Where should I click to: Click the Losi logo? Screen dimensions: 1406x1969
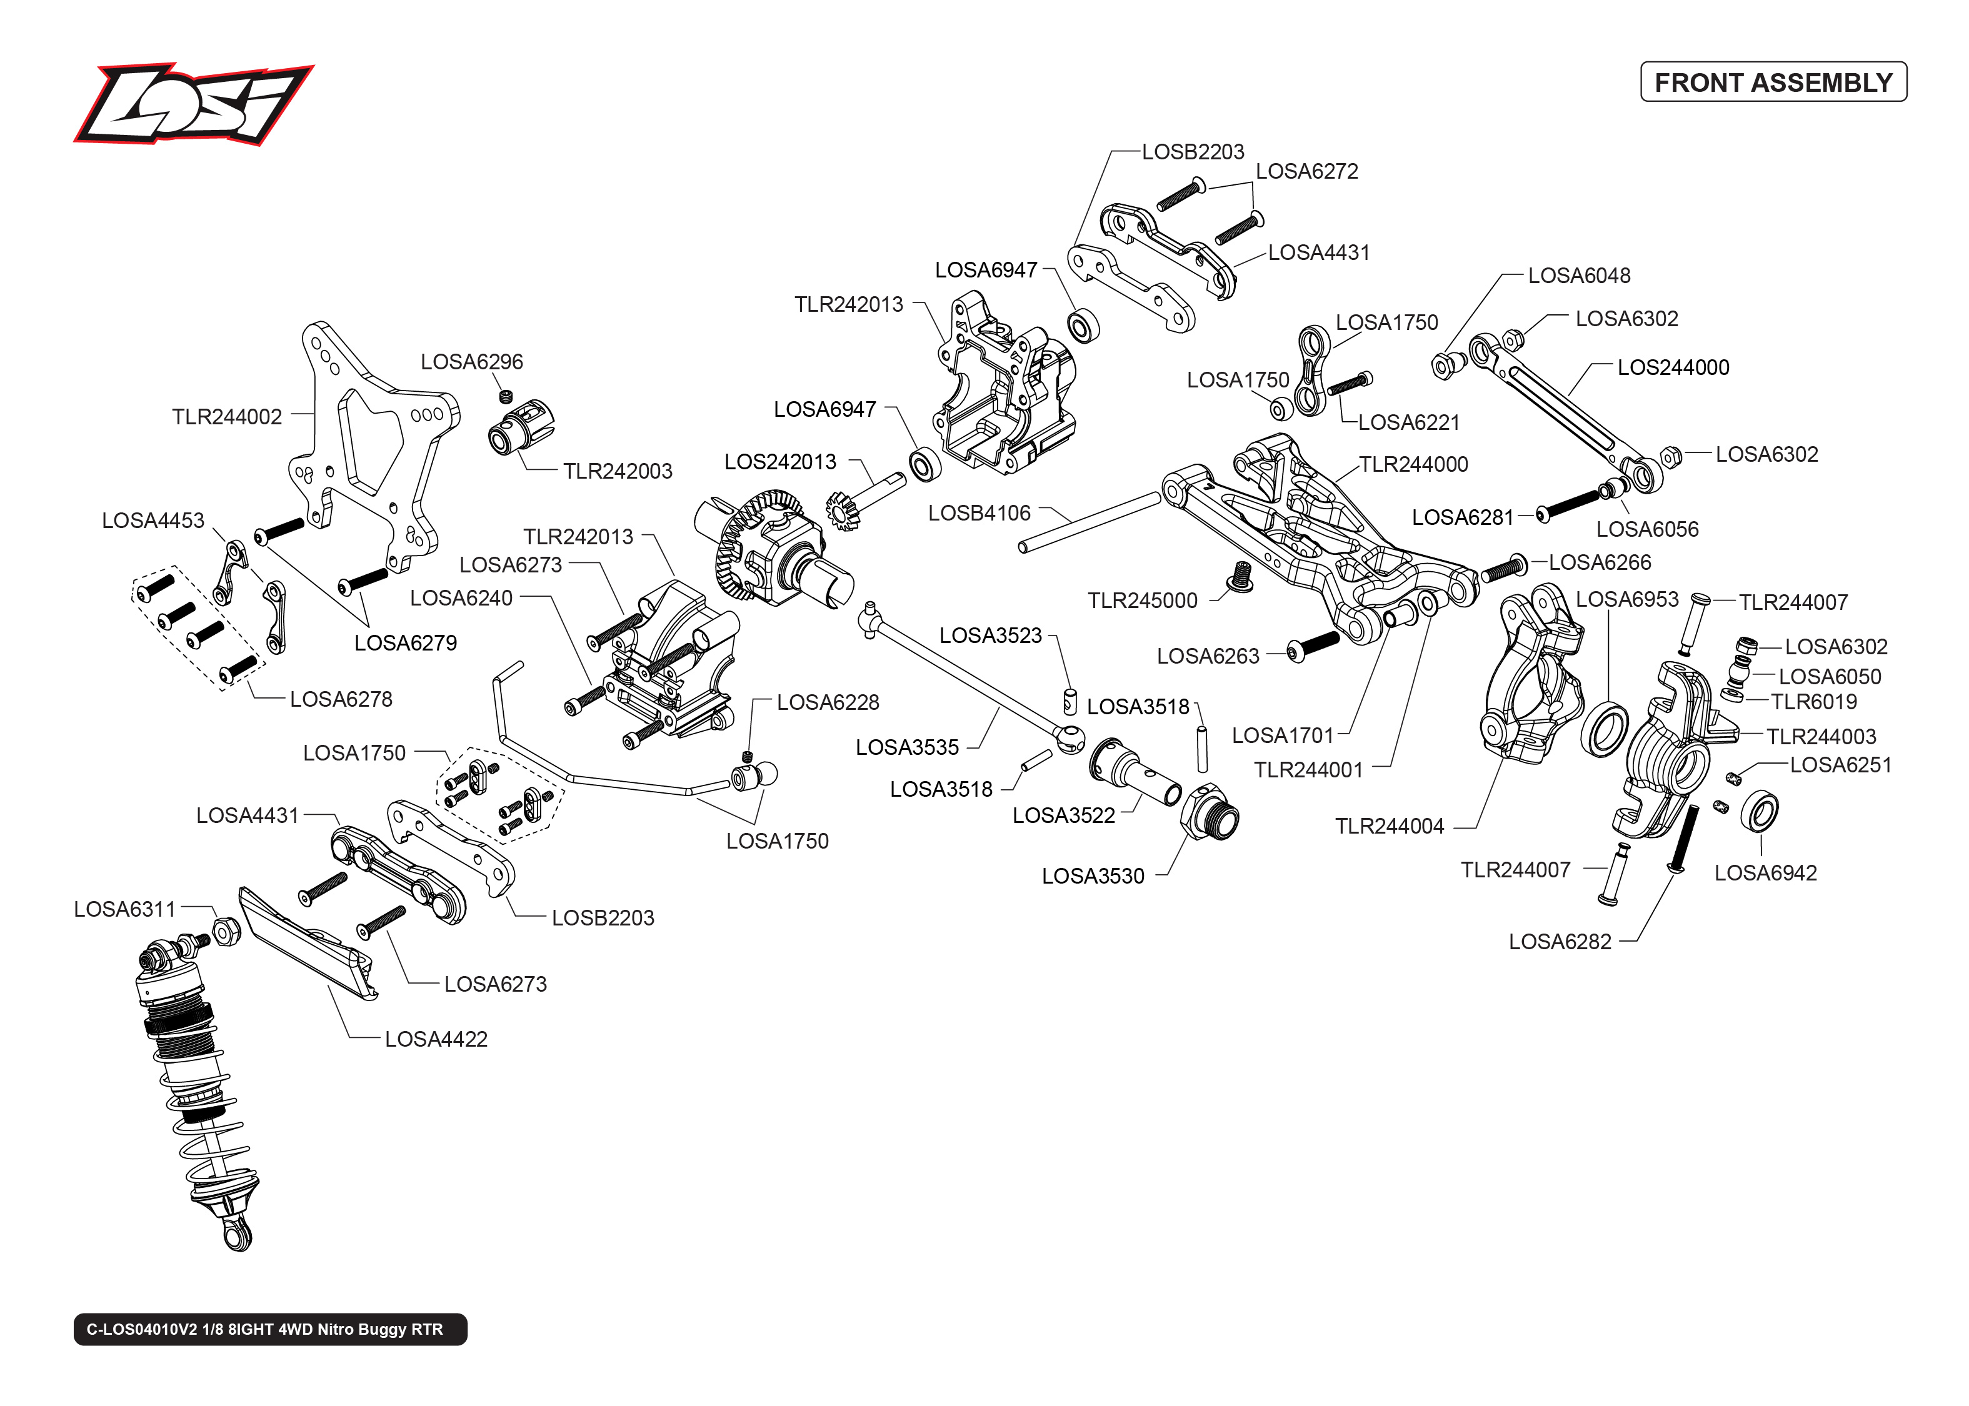pyautogui.click(x=193, y=104)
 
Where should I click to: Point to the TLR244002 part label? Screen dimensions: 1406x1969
pyautogui.click(x=227, y=417)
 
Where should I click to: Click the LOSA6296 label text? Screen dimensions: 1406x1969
pyautogui.click(x=471, y=362)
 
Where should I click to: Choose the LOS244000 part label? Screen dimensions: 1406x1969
pyautogui.click(x=1672, y=368)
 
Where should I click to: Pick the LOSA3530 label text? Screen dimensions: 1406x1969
pyautogui.click(x=1092, y=876)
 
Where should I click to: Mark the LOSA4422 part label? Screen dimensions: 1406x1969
pyautogui.click(x=436, y=1039)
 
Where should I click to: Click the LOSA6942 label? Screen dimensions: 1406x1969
pyautogui.click(x=1765, y=873)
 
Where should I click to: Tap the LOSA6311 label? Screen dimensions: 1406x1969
pyautogui.click(x=124, y=909)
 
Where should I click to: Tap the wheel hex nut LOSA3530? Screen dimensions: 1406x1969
pyautogui.click(x=1210, y=811)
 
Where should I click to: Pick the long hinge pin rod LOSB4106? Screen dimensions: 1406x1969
pyautogui.click(x=1090, y=521)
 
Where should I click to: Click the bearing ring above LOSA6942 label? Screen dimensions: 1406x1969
pyautogui.click(x=1760, y=811)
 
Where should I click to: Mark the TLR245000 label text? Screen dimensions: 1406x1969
pyautogui.click(x=1141, y=601)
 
